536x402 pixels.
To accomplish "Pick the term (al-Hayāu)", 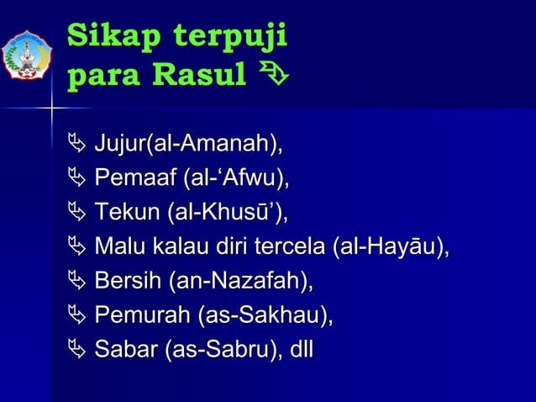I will point(391,247).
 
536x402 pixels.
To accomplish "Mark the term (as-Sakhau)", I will point(265,315).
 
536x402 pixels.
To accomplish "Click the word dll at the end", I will point(297,349).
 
